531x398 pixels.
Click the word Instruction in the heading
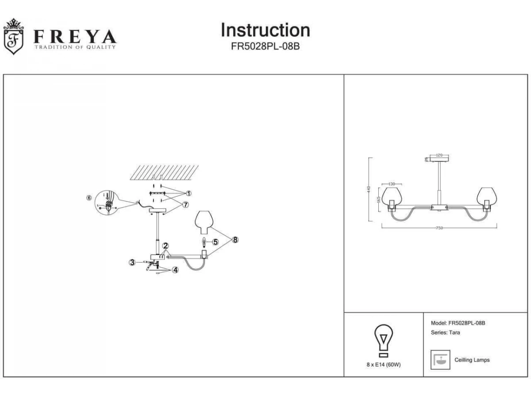pos(265,30)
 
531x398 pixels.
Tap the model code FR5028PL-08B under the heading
pos(265,46)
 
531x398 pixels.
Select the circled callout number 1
pos(189,193)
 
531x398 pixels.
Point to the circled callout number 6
pos(89,198)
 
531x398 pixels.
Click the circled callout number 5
pos(215,242)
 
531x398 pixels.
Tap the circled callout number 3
pos(132,262)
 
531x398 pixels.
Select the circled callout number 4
pos(175,270)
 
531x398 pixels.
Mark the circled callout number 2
pos(165,245)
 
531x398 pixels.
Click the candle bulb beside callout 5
pos(204,242)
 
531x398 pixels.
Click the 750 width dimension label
pos(439,228)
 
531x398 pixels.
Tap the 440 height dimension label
pos(368,189)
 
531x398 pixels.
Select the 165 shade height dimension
pos(379,199)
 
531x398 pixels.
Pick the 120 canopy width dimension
pos(439,155)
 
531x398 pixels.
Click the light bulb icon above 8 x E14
pos(384,340)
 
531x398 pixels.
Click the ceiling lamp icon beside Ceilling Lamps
pos(440,360)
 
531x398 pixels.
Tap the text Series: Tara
pos(445,333)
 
